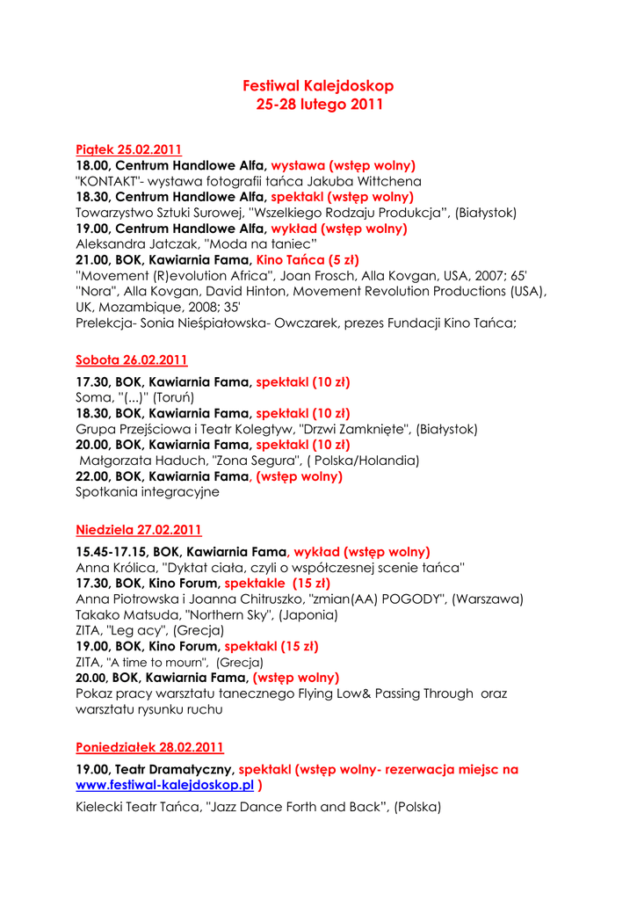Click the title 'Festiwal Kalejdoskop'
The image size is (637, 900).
pyautogui.click(x=318, y=86)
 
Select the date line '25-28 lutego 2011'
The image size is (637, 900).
pyautogui.click(x=318, y=105)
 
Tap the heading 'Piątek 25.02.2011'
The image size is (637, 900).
pyautogui.click(x=129, y=149)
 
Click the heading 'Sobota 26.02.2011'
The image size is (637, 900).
pyautogui.click(x=132, y=359)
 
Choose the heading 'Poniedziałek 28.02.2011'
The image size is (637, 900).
pyautogui.click(x=150, y=747)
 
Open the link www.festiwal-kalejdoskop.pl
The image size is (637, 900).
pyautogui.click(x=165, y=785)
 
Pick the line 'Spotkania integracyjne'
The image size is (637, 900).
pyautogui.click(x=148, y=492)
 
